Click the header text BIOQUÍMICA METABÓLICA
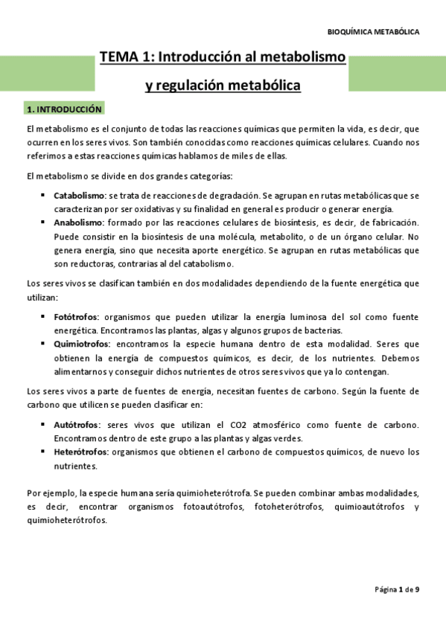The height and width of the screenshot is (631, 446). pos(373,32)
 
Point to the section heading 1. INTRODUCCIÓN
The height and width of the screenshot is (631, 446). pos(63,109)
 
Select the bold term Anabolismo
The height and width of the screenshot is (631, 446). pos(77,223)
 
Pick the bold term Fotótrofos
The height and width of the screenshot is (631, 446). pos(76,317)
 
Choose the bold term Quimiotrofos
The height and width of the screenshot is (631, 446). pos(82,344)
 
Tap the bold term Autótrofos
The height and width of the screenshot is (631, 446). pos(76,425)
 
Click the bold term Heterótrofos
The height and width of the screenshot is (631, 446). pos(81,452)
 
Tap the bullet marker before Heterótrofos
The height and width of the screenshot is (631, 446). pos(43,452)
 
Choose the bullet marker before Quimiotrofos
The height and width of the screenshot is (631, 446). pos(43,344)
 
